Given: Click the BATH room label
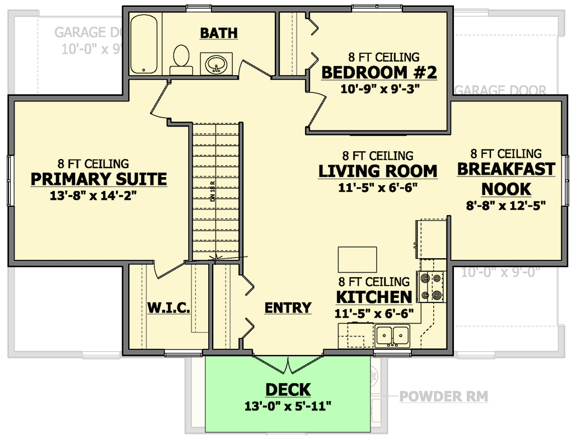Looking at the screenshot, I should click(x=219, y=33).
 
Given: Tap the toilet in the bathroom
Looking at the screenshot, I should click(x=181, y=60).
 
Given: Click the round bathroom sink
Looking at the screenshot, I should click(x=216, y=64).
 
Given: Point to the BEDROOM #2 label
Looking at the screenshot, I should click(x=379, y=72).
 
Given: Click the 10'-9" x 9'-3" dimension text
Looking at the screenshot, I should click(x=379, y=88).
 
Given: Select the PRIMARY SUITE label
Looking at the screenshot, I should click(x=99, y=179).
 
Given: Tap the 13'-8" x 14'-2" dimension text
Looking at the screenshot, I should click(x=93, y=195).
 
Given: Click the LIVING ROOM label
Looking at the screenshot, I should click(x=378, y=171).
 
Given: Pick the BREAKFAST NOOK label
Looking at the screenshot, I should click(x=506, y=179).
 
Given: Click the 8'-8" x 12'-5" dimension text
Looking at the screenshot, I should click(x=505, y=205).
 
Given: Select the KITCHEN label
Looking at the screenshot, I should click(x=374, y=297).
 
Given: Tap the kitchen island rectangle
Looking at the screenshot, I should click(x=357, y=260).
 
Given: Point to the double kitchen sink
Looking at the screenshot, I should click(x=392, y=335).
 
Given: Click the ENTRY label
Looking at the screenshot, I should click(x=288, y=307).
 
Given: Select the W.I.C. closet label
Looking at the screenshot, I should click(x=169, y=307).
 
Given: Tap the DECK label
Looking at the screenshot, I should click(x=288, y=390).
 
